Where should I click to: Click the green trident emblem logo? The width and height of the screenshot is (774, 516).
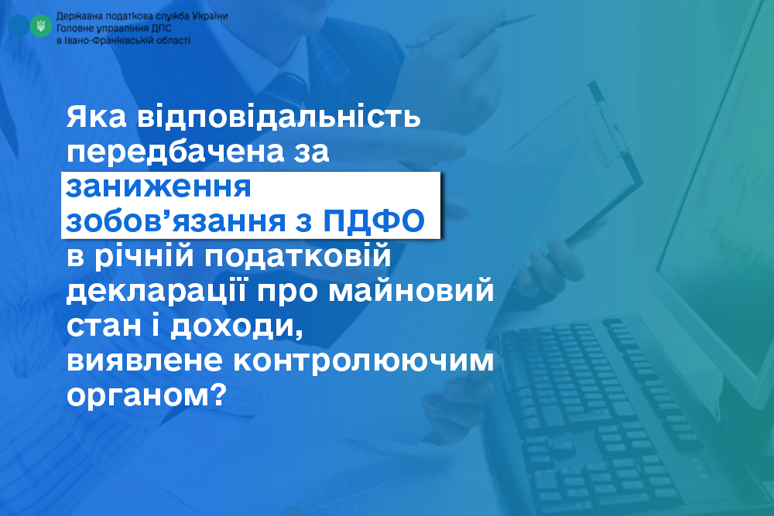point(41,26)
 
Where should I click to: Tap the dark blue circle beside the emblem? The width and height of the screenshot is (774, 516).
point(19,26)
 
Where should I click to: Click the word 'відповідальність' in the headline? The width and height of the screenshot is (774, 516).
point(279,116)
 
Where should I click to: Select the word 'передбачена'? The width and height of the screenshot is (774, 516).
point(176,152)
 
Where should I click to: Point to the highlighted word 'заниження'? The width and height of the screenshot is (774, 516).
point(159,186)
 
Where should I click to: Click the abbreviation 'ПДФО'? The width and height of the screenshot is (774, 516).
point(374,221)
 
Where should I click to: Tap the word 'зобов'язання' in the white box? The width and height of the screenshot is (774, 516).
point(176,221)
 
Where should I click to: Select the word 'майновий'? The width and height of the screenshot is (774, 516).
point(411,290)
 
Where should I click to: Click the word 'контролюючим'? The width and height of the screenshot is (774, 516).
point(363,361)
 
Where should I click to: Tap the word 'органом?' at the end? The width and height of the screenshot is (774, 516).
point(146,395)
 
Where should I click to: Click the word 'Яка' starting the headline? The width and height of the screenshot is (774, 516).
point(96,117)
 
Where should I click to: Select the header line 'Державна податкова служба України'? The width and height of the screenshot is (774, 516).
point(142,15)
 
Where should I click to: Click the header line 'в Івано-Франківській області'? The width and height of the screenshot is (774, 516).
point(123,40)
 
